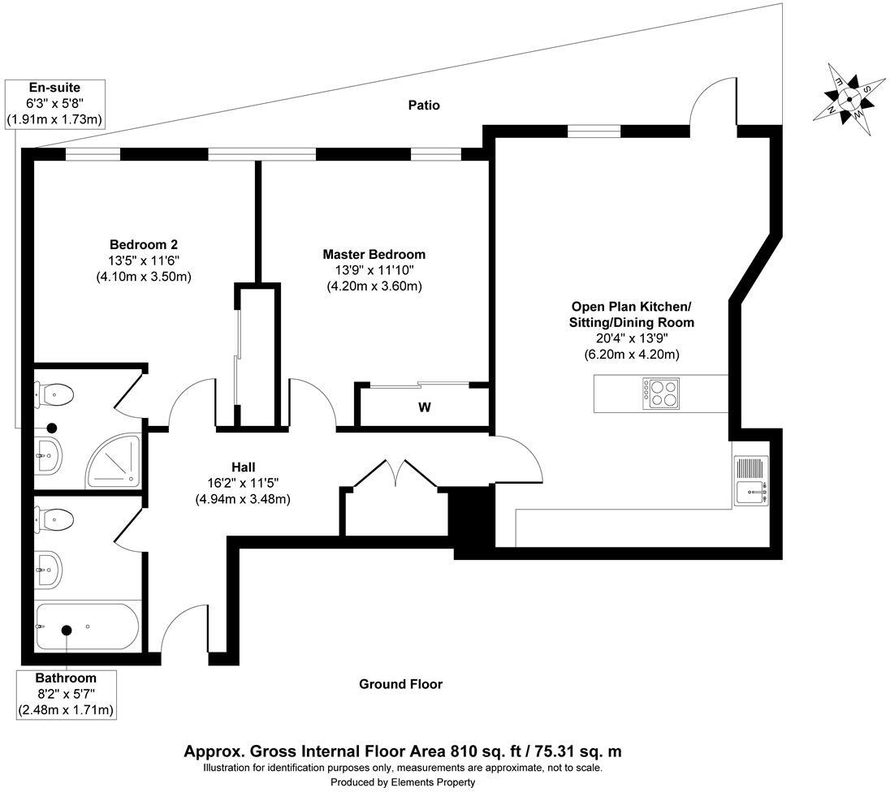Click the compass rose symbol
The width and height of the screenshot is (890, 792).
[849, 99]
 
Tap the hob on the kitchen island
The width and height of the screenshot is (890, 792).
[661, 394]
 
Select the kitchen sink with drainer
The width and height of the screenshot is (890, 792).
[751, 480]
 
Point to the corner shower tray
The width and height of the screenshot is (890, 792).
[113, 461]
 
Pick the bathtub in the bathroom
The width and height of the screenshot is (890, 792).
[87, 627]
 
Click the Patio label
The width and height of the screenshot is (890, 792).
[424, 105]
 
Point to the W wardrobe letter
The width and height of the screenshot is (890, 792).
[424, 407]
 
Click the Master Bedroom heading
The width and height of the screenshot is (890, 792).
[374, 254]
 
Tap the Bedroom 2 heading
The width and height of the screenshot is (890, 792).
[144, 244]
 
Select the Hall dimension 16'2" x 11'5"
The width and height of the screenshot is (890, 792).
[243, 484]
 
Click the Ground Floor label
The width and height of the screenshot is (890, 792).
[400, 684]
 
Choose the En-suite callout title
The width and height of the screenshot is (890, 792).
[54, 88]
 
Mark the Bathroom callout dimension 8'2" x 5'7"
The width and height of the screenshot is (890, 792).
[66, 693]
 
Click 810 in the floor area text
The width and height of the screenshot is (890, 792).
[462, 751]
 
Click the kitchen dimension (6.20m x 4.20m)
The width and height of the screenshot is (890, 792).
[632, 355]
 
